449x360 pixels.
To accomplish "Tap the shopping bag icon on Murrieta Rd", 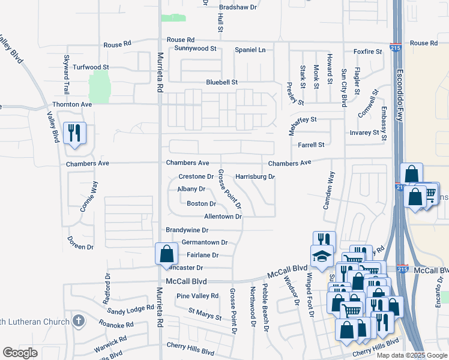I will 167,254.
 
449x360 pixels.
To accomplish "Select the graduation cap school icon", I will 321,256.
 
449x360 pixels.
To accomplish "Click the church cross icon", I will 77,321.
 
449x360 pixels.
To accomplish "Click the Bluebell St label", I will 222,82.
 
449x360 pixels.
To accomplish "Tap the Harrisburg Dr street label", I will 255,177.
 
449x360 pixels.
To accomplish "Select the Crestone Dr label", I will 196,177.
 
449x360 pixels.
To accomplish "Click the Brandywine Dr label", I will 187,230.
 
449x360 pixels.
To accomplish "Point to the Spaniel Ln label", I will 250,49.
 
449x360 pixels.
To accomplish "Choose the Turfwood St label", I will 91,67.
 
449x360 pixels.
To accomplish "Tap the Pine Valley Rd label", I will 197,296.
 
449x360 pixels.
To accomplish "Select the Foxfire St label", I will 368,52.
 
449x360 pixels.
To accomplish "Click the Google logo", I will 20,353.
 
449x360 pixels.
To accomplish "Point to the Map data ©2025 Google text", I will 411,355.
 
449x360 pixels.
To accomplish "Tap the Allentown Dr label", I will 223,216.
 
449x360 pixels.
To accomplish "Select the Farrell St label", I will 311,145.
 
